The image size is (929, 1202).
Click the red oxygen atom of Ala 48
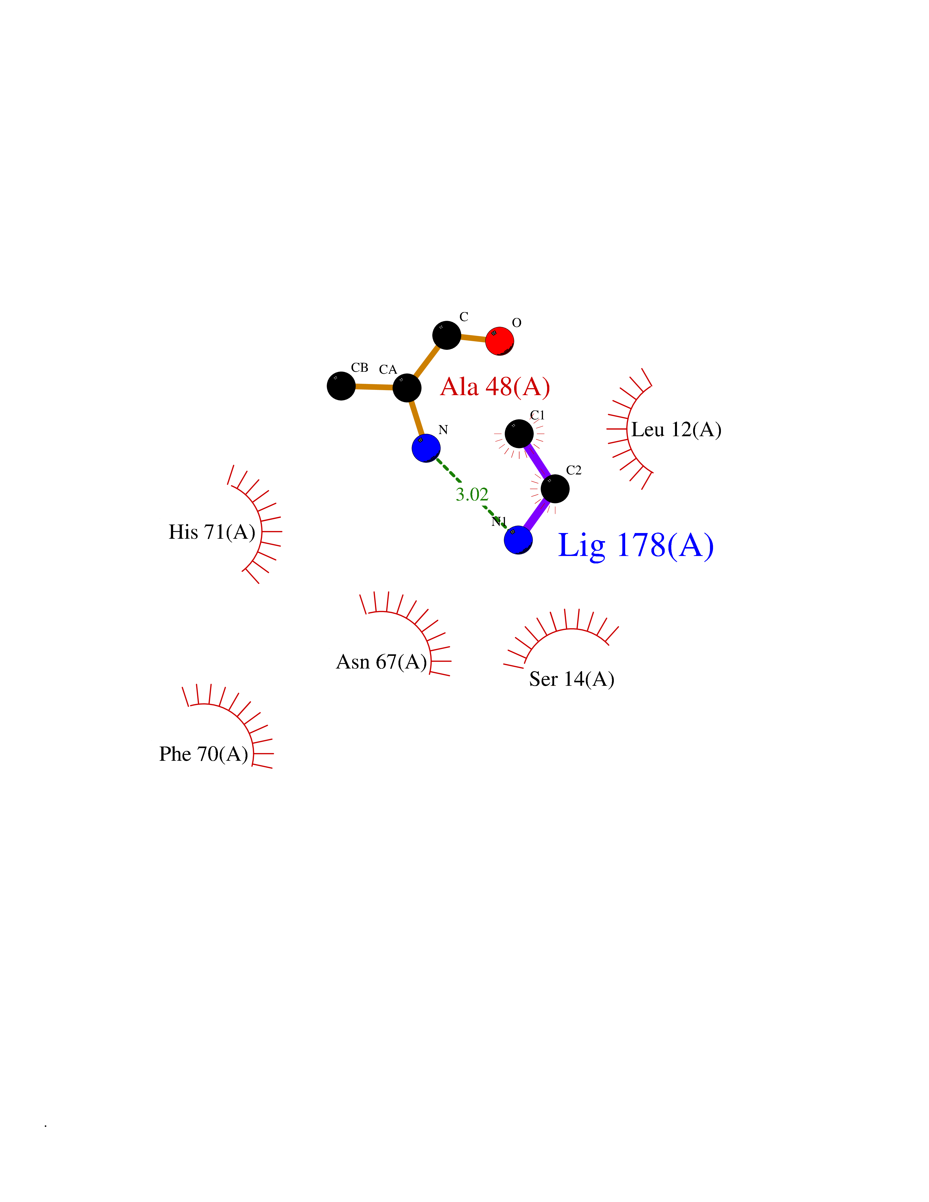pos(499,341)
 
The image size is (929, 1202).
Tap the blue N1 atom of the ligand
pos(518,539)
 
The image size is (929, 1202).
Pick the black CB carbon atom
pos(341,386)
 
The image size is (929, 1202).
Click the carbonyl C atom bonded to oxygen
pos(446,335)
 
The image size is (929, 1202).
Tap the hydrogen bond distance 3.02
pos(472,494)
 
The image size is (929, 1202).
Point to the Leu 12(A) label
pos(676,430)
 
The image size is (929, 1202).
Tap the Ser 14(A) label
pos(571,679)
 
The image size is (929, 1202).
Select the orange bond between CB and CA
pos(374,387)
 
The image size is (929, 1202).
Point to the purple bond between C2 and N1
pos(537,514)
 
